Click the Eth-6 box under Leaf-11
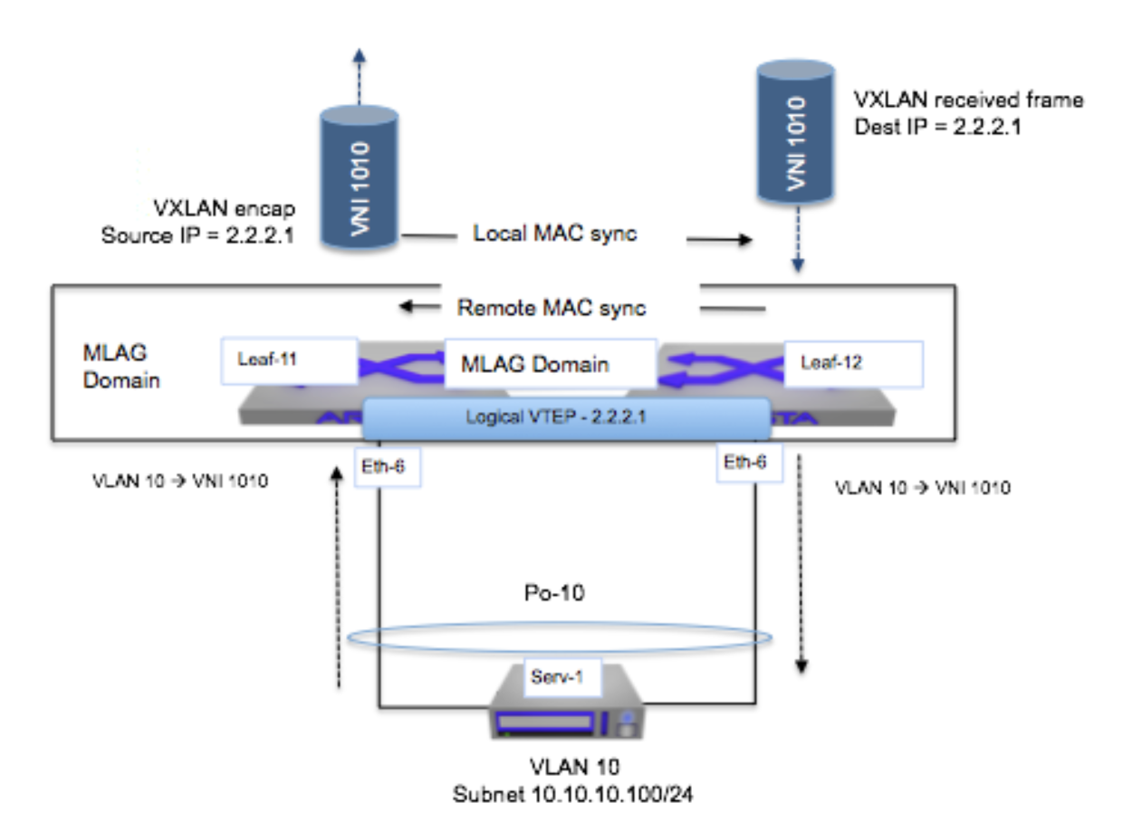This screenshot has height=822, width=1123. [x=388, y=464]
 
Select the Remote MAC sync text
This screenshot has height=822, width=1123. [x=552, y=308]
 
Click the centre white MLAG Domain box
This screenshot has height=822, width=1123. [x=550, y=364]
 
